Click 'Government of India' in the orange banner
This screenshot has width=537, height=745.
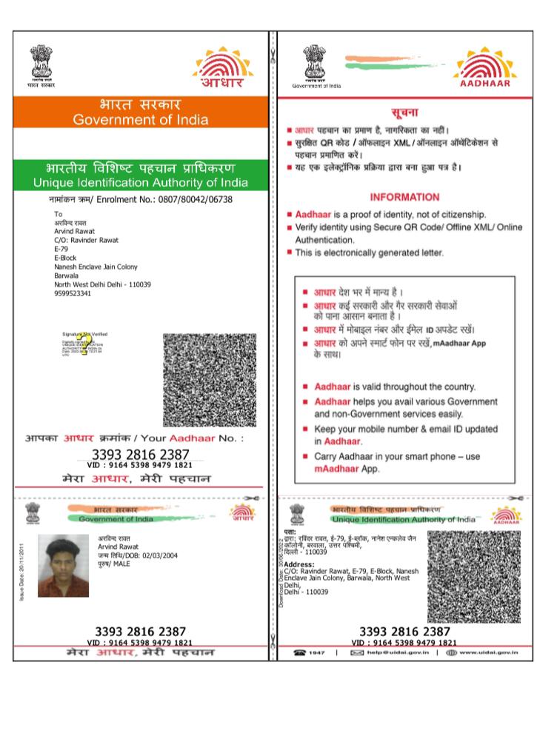141,120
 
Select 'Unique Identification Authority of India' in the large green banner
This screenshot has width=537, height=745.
141,182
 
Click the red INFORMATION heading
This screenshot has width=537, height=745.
404,197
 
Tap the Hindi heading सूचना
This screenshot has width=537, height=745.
404,113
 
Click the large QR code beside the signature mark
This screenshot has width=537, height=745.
210,379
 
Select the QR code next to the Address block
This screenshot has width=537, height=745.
474,576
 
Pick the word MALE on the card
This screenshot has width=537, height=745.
121,564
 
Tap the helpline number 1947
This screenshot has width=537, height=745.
316,652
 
